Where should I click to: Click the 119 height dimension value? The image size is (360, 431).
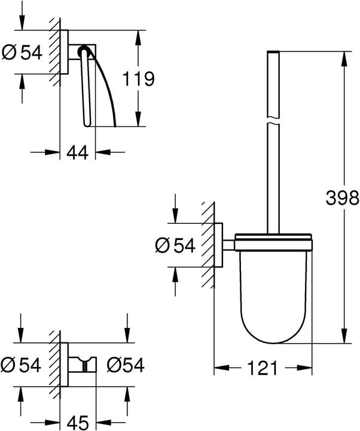tap(139, 78)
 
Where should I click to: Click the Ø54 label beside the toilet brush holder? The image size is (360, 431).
tap(176, 245)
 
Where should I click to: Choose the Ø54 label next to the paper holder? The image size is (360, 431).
tap(22, 53)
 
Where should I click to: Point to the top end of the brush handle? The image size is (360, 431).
tap(273, 55)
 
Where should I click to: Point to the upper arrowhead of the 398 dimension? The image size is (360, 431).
tap(344, 58)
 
